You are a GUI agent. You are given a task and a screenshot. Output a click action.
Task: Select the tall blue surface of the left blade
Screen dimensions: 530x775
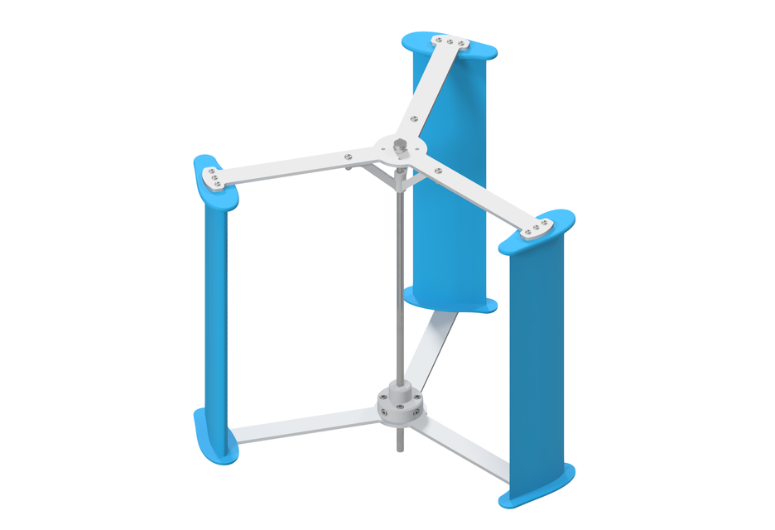point(214,315)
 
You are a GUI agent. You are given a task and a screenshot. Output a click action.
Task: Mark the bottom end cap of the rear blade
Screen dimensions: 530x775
point(451,301)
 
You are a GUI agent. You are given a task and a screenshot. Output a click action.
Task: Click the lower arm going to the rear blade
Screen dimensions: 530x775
point(435,348)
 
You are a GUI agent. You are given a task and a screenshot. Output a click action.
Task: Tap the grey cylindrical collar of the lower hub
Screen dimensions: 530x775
point(400,405)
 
